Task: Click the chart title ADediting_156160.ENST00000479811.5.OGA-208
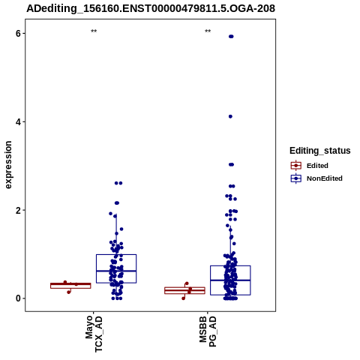click(151, 8)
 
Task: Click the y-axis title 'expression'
click(8, 165)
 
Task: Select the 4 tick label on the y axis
click(18, 122)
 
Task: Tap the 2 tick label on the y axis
click(18, 210)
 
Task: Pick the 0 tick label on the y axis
click(18, 298)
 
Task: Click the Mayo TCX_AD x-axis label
click(94, 334)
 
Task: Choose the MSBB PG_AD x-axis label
click(208, 331)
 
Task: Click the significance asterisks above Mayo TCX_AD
click(94, 31)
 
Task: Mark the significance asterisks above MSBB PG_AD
click(208, 31)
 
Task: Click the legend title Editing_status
click(320, 151)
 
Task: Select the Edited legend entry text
click(317, 166)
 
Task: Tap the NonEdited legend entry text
click(325, 178)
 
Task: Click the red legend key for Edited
click(296, 166)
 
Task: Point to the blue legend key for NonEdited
click(296, 178)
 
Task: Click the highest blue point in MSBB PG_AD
click(231, 37)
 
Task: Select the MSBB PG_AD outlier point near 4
click(230, 116)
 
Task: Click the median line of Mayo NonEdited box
click(116, 271)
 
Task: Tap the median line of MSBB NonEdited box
click(230, 280)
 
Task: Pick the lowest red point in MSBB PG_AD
click(184, 298)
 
